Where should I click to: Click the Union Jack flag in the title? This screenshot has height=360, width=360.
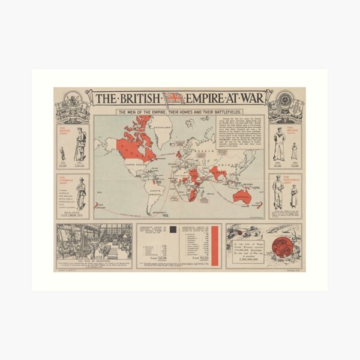pyautogui.click(x=175, y=97)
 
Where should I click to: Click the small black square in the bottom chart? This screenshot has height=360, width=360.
pyautogui.click(x=174, y=229)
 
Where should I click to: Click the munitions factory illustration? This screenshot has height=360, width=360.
pyautogui.click(x=94, y=242)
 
